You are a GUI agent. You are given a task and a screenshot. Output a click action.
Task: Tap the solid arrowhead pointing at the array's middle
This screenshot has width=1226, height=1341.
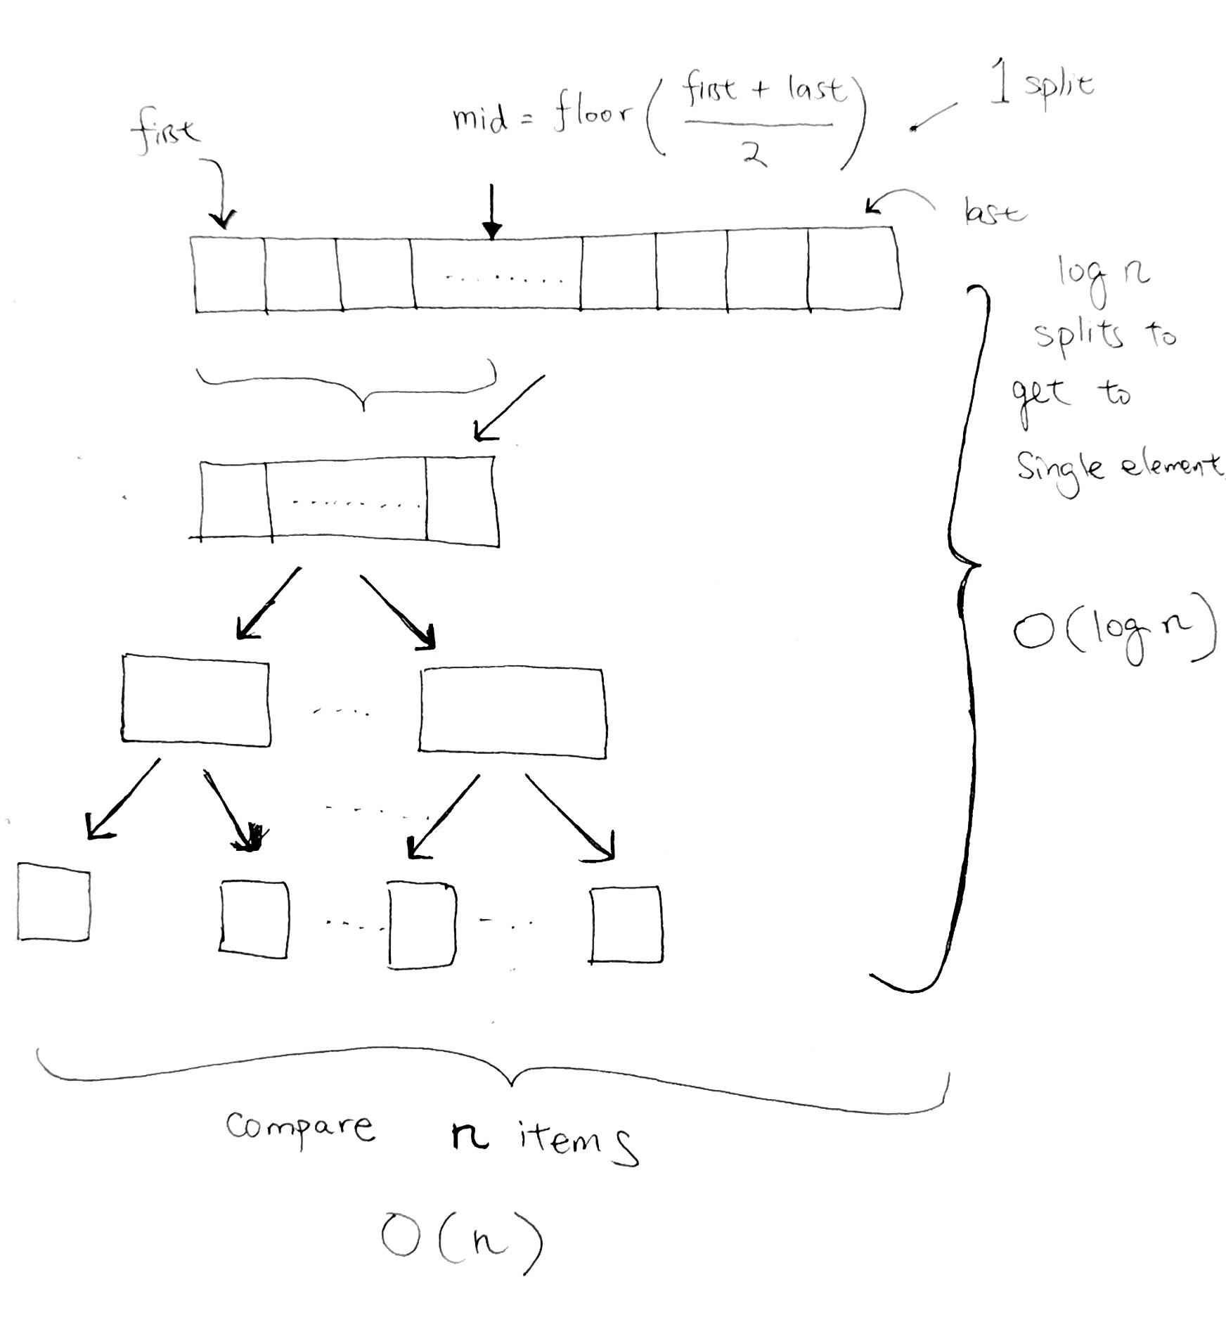[x=492, y=230]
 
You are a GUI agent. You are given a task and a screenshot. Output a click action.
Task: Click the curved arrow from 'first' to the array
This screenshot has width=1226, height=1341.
[x=219, y=190]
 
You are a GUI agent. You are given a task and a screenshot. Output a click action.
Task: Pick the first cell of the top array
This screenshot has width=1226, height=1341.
[x=229, y=274]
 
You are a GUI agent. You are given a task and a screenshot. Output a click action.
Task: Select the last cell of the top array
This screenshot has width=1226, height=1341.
[x=853, y=268]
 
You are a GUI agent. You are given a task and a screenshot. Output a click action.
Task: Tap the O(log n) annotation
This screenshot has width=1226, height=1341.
[x=1114, y=628]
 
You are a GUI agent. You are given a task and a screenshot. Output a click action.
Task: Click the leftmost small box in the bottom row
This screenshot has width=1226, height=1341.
[x=53, y=902]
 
